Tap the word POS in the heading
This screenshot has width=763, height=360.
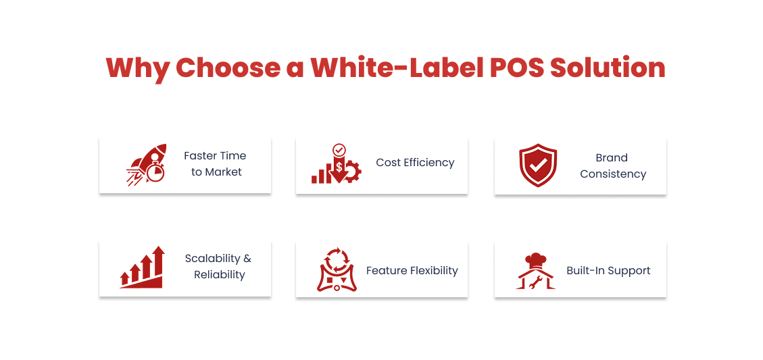510,68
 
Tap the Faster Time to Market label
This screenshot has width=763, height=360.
215,163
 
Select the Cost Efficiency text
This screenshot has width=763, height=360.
415,162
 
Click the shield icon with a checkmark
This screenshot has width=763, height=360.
538,165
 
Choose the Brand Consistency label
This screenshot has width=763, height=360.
612,165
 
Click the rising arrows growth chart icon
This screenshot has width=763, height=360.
142,267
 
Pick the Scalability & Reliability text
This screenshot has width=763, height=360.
218,266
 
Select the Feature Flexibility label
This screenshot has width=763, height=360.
412,270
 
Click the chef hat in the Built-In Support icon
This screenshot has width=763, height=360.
536,259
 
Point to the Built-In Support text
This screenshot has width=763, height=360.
608,270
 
